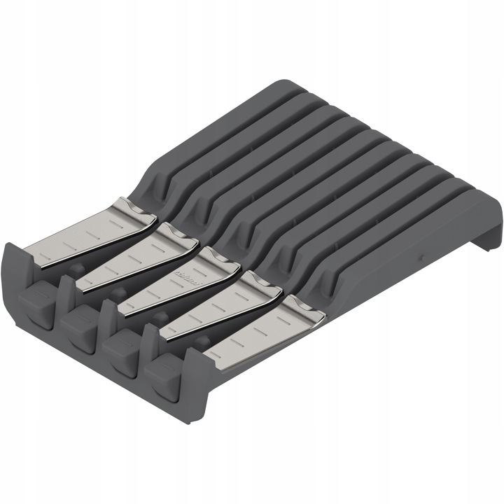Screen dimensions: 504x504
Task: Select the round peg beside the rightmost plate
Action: (x=203, y=342)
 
